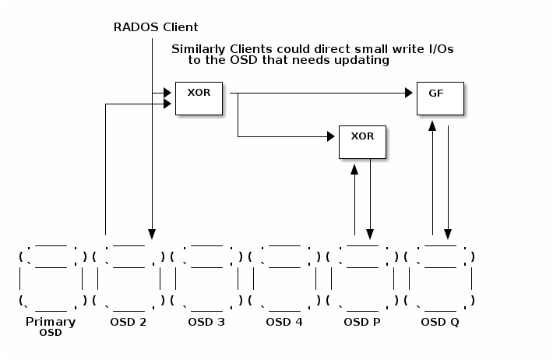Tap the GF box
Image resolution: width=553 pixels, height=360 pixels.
point(440,97)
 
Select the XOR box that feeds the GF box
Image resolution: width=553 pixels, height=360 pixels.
point(199,97)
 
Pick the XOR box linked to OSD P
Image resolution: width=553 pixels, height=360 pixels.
point(362,141)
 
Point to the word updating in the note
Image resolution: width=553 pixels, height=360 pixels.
point(364,60)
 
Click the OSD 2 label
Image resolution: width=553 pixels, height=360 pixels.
point(129,322)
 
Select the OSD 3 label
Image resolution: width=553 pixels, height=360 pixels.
point(206,322)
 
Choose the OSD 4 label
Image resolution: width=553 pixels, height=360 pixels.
point(284,322)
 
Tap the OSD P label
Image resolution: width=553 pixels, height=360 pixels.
point(362,322)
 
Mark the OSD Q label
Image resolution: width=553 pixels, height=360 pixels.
point(440,322)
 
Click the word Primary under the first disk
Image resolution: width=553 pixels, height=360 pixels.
point(51,322)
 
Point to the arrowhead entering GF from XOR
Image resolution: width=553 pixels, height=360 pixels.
point(408,94)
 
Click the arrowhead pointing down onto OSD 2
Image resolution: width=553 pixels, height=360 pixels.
point(152,233)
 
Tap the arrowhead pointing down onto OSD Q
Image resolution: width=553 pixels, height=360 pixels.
point(448,233)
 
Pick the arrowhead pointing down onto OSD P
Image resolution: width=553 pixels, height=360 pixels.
point(370,233)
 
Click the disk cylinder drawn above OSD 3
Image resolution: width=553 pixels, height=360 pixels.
point(206,278)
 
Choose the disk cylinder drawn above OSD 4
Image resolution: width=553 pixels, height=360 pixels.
point(284,278)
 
